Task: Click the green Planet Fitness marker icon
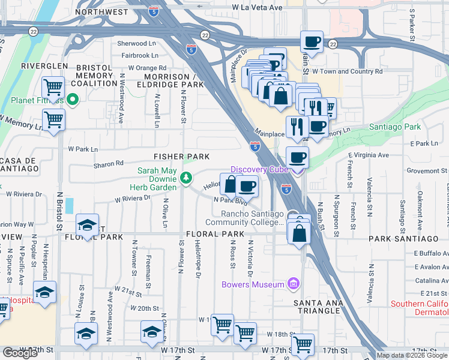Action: [x=73, y=100]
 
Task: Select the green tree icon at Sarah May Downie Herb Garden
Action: [x=186, y=178]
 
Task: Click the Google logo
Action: [x=20, y=353]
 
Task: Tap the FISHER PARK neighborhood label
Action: [x=181, y=157]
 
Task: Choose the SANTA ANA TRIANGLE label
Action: [x=318, y=304]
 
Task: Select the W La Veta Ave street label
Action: [x=258, y=7]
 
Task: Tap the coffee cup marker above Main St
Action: [x=311, y=41]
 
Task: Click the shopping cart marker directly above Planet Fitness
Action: [x=53, y=88]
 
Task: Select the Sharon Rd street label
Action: [x=108, y=163]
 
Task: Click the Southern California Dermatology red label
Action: [x=419, y=308]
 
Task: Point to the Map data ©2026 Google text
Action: [x=411, y=355]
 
